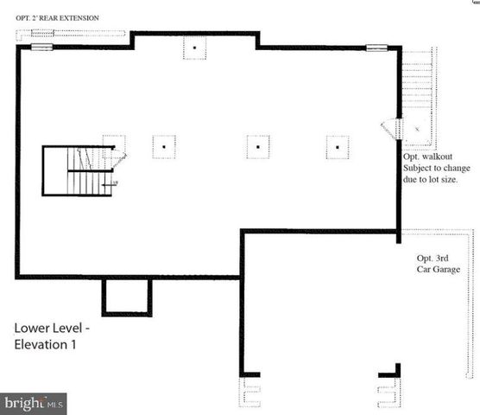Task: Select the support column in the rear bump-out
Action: tap(196, 48)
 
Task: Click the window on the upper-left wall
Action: tap(42, 47)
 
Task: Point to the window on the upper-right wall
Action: tap(376, 47)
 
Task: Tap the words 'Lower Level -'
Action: tap(49, 329)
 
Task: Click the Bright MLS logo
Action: tap(35, 403)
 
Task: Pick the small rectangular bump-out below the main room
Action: tap(127, 297)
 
